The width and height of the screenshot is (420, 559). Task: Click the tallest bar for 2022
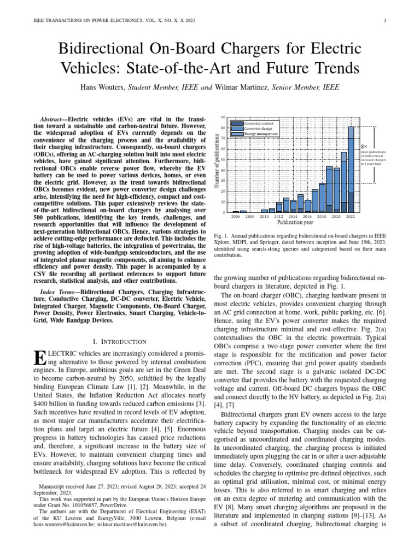tap(351, 169)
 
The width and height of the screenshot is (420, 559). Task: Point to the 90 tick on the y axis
tap(223, 118)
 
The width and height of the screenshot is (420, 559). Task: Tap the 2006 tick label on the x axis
tap(236, 217)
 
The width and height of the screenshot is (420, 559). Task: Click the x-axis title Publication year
tap(295, 223)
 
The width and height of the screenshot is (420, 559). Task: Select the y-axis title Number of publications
tap(216, 164)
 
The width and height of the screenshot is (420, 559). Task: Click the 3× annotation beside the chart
tap(364, 147)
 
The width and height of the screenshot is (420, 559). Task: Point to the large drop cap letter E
tap(38, 359)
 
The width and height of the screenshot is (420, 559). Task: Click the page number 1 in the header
tap(386, 21)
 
